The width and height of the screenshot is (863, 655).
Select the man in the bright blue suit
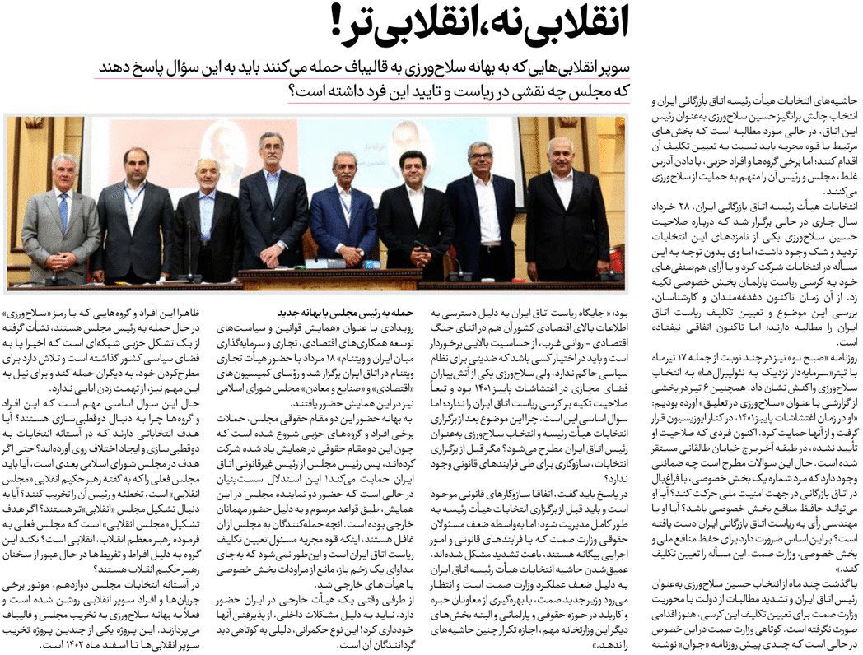coord(343,214)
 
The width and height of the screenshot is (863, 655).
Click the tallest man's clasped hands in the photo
coord(274,247)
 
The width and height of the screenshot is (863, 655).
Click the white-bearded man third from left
coord(206,218)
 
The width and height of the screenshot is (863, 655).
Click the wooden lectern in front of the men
coord(329,277)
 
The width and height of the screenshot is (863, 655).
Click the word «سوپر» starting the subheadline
coord(610,66)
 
